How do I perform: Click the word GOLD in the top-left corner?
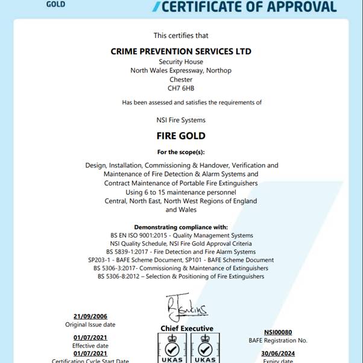55,4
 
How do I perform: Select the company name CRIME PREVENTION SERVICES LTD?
181,51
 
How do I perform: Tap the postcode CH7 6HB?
181,88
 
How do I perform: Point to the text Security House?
181,62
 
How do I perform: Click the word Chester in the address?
181,80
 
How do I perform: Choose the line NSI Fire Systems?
181,120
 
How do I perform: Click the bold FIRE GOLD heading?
181,136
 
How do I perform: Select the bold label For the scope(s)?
181,152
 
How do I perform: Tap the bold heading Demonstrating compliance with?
181,227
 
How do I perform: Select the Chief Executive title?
187,329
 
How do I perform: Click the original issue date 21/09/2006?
90,317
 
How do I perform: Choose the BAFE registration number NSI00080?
278,332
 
